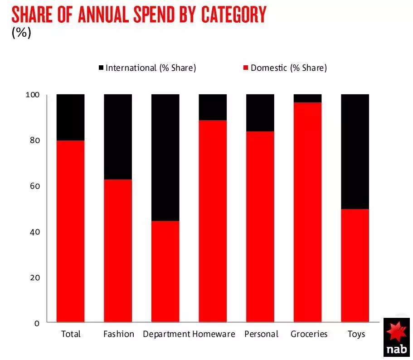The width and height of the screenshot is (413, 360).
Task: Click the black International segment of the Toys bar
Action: point(355,151)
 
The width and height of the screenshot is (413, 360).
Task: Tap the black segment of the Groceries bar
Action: point(307,98)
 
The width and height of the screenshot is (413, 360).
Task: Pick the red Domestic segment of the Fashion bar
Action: point(118,250)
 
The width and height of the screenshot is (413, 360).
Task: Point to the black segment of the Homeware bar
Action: point(213,107)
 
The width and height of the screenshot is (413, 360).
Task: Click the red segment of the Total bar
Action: point(70,231)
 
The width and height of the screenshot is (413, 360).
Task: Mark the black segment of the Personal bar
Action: point(260,112)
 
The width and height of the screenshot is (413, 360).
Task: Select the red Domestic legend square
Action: point(246,68)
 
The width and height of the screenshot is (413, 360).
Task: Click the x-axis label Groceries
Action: point(309,334)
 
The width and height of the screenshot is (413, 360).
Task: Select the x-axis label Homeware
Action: point(214,334)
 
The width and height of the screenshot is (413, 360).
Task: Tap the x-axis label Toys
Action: point(356,334)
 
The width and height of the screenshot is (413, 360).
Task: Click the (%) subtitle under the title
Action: point(21,34)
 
